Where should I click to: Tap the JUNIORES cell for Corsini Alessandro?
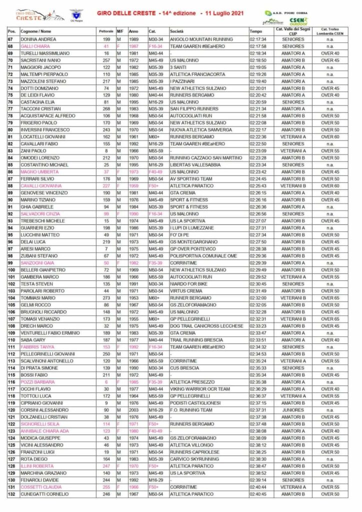[292, 409]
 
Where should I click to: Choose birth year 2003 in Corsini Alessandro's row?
[133, 409]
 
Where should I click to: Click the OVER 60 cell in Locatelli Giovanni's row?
[330, 136]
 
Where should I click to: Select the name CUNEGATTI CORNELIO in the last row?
[41, 494]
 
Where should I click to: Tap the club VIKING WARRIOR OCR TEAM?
[199, 388]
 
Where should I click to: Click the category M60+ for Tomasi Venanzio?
[152, 318]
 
